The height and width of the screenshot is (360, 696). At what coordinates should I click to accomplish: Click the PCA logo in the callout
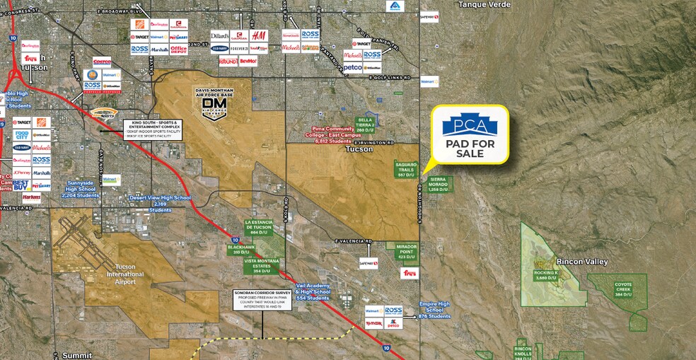tap(469, 124)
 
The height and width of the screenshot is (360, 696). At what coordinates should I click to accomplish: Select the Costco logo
tap(102, 62)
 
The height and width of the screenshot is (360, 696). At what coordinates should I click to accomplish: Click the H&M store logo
tap(259, 35)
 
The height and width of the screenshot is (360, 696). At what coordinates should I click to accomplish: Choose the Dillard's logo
tap(219, 36)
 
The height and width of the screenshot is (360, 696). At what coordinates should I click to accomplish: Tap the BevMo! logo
tap(248, 62)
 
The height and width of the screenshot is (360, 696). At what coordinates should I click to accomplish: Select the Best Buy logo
tap(21, 185)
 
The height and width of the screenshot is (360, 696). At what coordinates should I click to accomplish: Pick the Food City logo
tap(21, 134)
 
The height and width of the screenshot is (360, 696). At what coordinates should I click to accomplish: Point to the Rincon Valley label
tap(581, 262)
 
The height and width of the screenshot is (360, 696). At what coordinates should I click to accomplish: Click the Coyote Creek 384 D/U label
tap(622, 289)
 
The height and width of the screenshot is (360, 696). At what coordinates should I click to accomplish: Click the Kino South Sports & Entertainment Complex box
tap(153, 131)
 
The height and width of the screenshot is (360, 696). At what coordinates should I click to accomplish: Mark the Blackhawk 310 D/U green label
tap(236, 250)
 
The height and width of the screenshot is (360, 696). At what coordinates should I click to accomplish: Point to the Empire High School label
tap(434, 308)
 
